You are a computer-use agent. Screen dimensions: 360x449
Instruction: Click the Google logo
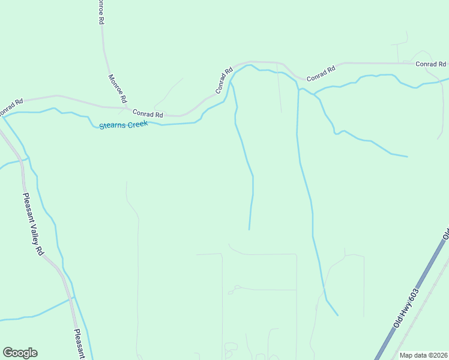(20, 353)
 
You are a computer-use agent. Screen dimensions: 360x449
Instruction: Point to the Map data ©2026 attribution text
(423, 355)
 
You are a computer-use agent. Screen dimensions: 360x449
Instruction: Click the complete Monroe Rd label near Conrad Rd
(118, 88)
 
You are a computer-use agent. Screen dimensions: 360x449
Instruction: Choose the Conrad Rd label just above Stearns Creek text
(148, 113)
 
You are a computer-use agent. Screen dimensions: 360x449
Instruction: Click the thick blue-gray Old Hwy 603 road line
(390, 336)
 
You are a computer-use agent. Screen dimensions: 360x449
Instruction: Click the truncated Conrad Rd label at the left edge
(11, 107)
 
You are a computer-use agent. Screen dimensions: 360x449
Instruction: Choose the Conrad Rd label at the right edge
(431, 64)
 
